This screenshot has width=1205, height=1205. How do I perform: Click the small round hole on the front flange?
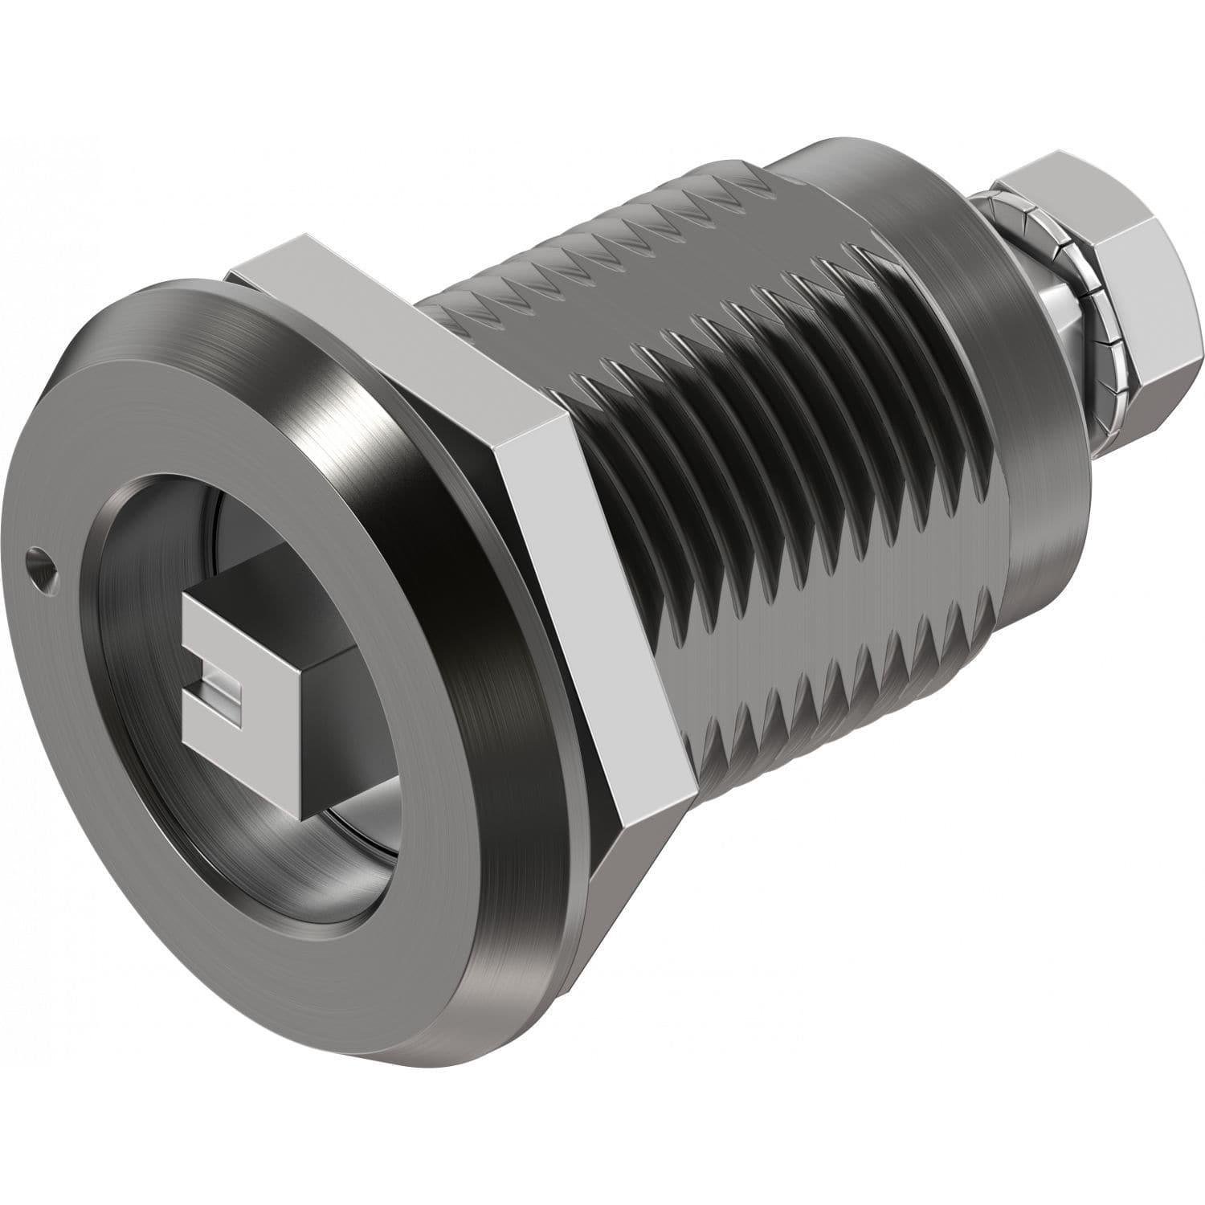[37, 555]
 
